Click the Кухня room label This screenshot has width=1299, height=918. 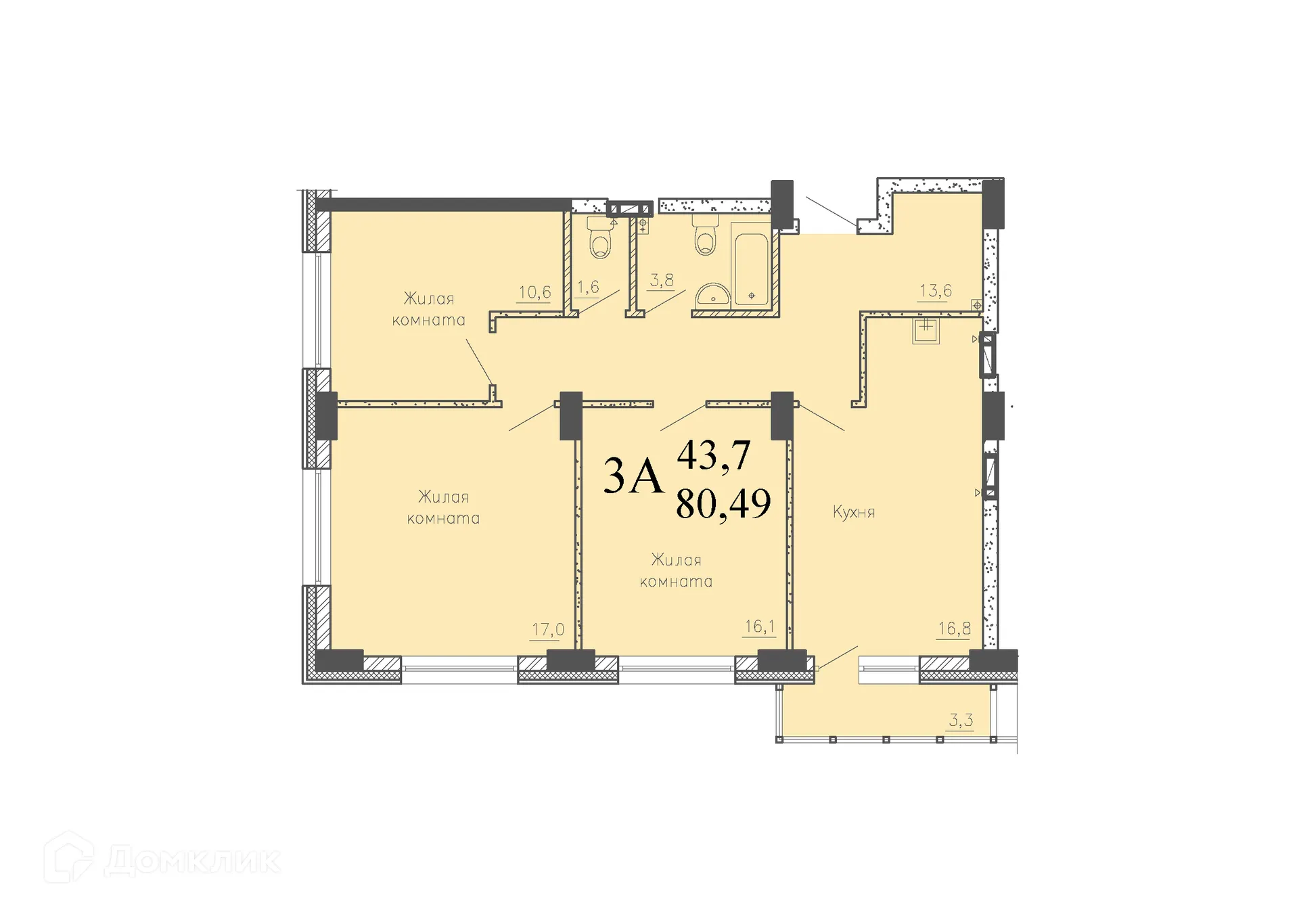click(854, 512)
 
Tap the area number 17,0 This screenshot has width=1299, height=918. click(547, 630)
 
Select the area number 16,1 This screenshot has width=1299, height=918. click(759, 626)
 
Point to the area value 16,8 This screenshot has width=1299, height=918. click(954, 628)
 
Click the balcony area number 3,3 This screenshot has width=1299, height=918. click(960, 720)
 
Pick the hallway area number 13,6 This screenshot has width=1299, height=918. click(935, 291)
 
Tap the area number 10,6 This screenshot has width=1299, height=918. click(534, 292)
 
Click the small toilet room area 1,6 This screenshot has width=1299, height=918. click(588, 287)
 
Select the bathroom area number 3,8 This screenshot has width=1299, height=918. click(661, 280)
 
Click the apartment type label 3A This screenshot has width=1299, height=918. click(633, 476)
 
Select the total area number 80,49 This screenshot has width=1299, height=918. click(723, 503)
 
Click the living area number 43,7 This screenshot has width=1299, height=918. click(714, 455)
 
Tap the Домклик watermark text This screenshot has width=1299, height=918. click(192, 861)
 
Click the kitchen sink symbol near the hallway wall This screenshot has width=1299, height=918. click(926, 331)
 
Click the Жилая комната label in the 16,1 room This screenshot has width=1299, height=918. click(676, 570)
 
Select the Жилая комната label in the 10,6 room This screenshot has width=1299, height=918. click(429, 309)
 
